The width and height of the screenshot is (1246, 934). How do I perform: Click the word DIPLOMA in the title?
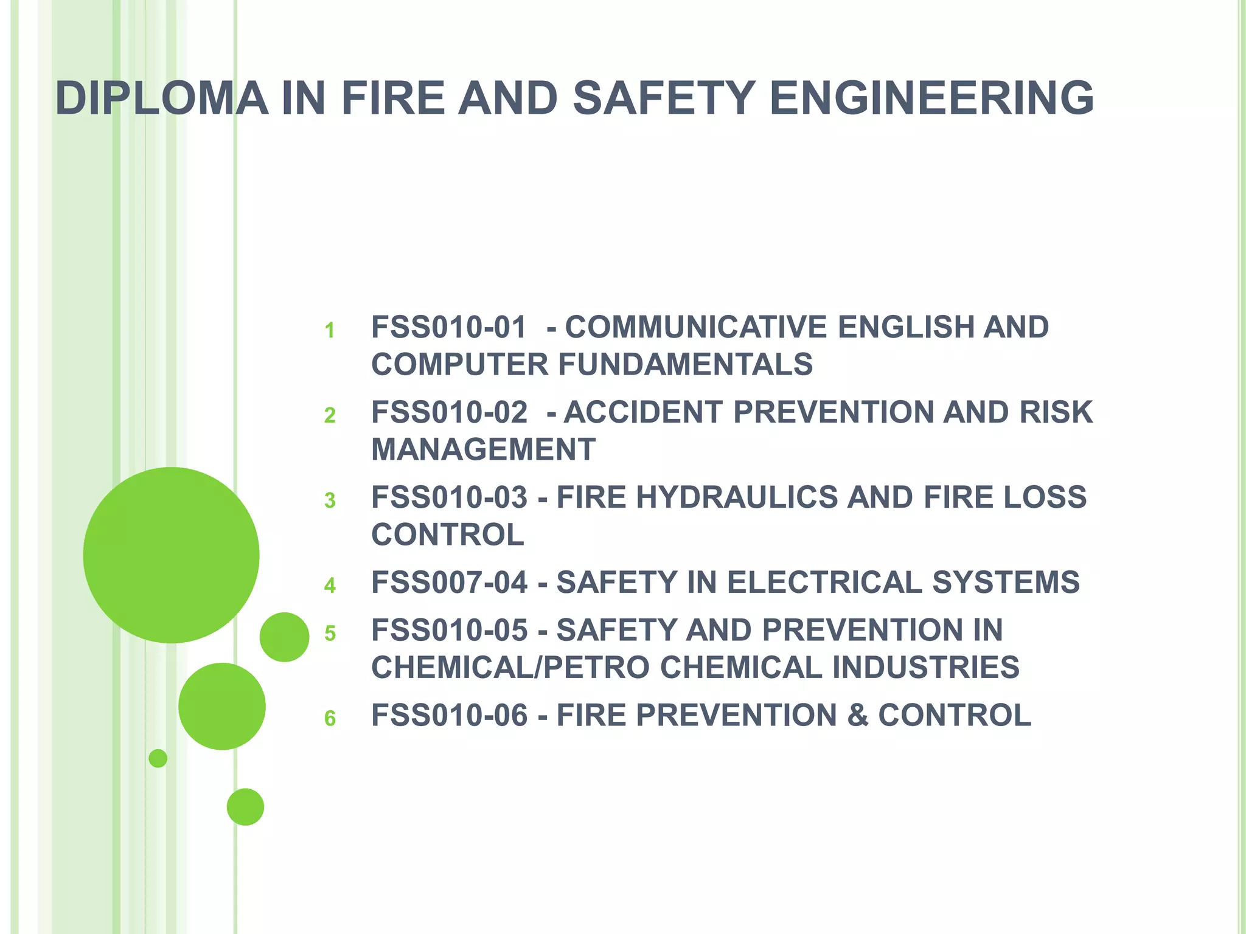coord(161,98)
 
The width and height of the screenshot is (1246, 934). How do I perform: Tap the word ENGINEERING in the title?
coord(931,98)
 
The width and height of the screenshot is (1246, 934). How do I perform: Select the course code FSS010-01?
coord(449,327)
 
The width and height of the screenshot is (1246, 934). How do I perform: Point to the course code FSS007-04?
coord(449,583)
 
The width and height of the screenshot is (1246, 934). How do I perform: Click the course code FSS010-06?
coord(449,715)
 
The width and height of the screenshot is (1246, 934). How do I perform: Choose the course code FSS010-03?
coord(449,497)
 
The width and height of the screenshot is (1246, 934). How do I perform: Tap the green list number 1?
coord(330,331)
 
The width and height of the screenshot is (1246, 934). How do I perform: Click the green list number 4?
coord(330,586)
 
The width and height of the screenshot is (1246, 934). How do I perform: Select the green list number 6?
coord(330,719)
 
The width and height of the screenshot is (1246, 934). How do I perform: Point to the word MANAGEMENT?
coord(483,450)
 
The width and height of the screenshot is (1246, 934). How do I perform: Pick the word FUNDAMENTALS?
coord(685,365)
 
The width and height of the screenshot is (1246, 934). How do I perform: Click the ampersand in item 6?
coord(857,715)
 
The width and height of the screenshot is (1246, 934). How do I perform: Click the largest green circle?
coord(171,555)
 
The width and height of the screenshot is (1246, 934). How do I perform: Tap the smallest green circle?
coord(158,758)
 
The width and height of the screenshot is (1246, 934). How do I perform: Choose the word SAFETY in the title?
coord(664,98)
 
